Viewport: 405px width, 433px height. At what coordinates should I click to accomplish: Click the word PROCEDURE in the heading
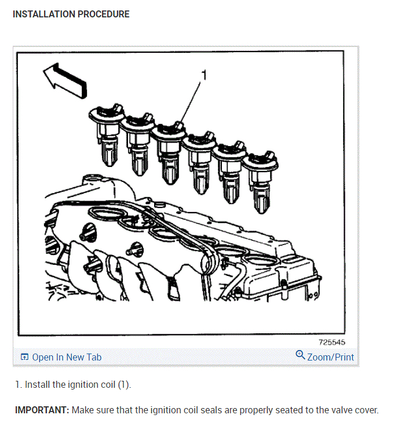tap(104, 14)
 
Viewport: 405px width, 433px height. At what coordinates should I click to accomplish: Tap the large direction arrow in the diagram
tap(65, 81)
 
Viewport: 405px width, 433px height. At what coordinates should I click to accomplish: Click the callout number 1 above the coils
tap(204, 75)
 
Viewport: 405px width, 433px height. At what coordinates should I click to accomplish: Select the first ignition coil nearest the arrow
tap(107, 134)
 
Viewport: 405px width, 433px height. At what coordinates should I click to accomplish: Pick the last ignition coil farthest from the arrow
tap(260, 181)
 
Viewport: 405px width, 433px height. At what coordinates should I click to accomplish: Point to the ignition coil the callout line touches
tap(169, 153)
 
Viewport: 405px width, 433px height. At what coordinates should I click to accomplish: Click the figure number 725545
tap(332, 343)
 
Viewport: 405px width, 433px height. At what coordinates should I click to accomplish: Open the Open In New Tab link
tap(67, 357)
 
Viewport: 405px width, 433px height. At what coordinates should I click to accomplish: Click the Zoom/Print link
tap(330, 357)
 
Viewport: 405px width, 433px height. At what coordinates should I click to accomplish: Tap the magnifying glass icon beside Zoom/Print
tap(300, 355)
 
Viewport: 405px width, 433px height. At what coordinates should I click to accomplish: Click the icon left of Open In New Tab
tap(24, 357)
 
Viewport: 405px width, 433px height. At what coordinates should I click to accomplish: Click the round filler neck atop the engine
tap(93, 177)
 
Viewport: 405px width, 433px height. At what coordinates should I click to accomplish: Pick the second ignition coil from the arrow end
tap(137, 144)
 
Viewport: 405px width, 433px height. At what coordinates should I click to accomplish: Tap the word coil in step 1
tap(108, 384)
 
